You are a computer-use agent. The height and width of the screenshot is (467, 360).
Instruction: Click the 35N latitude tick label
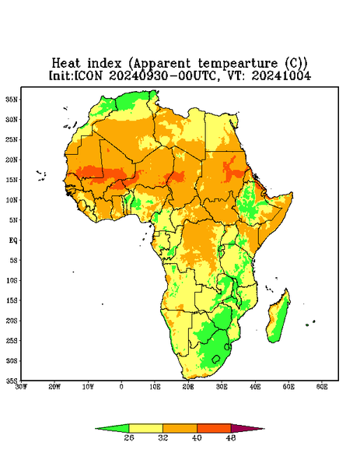click(12, 99)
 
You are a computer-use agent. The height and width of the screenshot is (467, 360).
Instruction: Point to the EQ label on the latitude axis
click(13, 240)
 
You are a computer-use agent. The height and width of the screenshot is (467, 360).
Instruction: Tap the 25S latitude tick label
click(12, 340)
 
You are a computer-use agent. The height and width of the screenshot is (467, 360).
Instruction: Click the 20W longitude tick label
click(54, 387)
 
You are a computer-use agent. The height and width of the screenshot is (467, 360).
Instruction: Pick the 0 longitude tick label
click(121, 387)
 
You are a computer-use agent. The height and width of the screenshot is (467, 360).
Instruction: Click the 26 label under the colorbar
click(129, 437)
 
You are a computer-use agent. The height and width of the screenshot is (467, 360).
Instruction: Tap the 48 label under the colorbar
click(231, 437)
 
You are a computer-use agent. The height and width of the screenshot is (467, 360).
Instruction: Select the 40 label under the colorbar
click(197, 437)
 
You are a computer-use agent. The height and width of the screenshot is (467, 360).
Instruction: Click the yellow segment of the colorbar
click(145, 428)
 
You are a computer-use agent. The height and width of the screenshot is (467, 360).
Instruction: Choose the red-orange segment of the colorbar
click(214, 428)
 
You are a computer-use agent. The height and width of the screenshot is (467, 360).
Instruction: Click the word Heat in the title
click(66, 64)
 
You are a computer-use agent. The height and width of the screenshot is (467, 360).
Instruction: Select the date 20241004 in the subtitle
click(281, 75)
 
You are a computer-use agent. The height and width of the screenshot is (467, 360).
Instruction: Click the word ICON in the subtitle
click(88, 75)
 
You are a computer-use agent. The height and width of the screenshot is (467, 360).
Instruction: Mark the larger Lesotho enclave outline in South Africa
click(216, 359)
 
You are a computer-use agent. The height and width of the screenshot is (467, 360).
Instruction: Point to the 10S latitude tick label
click(12, 280)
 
